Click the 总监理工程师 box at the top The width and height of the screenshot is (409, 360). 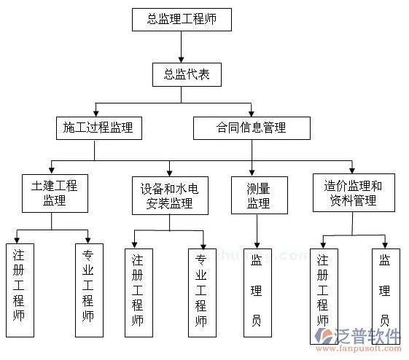pyautogui.click(x=182, y=19)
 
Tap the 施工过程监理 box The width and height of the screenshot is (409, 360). pyautogui.click(x=98, y=128)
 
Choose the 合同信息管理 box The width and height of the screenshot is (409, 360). pyautogui.click(x=251, y=128)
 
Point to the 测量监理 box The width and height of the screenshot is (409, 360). pyautogui.click(x=258, y=195)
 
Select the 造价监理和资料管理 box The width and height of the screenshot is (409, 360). pyautogui.click(x=353, y=192)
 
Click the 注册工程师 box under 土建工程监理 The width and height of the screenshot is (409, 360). pyautogui.click(x=19, y=290)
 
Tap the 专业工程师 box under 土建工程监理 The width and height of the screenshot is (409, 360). pyautogui.click(x=87, y=290)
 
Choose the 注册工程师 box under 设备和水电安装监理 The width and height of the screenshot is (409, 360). pyautogui.click(x=138, y=293)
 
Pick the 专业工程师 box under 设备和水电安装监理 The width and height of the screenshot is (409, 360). pyautogui.click(x=201, y=293)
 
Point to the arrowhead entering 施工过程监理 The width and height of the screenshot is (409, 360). pyautogui.click(x=95, y=113)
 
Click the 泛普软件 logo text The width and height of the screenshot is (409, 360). pyautogui.click(x=369, y=335)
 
